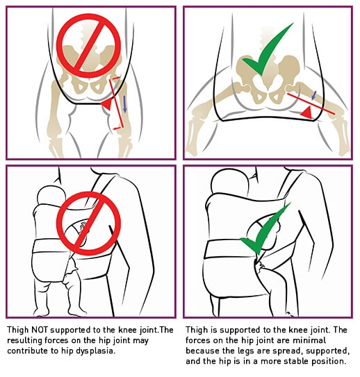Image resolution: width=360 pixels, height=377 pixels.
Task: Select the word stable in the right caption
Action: (297, 361)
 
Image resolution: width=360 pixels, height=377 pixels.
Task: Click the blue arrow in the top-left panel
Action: (124, 104)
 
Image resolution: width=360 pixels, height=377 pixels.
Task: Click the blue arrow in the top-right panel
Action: (313, 95)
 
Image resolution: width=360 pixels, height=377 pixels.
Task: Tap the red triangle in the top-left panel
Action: (107, 104)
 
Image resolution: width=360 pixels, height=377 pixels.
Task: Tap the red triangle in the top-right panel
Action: (307, 112)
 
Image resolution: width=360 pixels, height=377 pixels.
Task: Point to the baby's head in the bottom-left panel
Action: (51, 195)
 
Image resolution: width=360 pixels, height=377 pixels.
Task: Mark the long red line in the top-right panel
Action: (311, 104)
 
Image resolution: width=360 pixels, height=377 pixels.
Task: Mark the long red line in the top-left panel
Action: (117, 103)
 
